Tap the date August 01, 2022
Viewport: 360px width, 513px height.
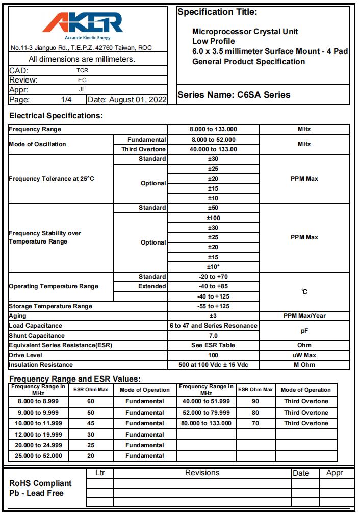click(127, 100)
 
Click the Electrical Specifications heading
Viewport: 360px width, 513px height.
click(56, 116)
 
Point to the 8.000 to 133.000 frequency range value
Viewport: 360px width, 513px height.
click(213, 130)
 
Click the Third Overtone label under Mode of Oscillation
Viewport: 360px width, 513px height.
click(143, 149)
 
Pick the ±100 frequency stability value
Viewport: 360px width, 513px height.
click(213, 218)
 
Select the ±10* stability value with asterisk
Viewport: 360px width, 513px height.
click(213, 267)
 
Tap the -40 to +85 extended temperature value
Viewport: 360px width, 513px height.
click(213, 286)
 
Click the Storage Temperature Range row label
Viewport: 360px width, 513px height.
click(50, 306)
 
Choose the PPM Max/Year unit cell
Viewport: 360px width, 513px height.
click(304, 316)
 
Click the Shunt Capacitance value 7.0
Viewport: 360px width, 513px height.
click(213, 336)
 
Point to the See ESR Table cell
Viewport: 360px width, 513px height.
click(213, 345)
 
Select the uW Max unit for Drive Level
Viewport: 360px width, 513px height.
click(304, 355)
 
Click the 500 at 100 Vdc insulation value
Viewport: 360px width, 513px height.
click(213, 365)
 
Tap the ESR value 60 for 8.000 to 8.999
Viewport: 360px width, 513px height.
click(90, 401)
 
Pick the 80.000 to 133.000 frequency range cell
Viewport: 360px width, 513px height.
click(206, 423)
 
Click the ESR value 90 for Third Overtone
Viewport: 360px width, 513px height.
click(255, 401)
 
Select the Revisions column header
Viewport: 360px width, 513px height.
click(202, 473)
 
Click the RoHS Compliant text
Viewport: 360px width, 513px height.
click(41, 483)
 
